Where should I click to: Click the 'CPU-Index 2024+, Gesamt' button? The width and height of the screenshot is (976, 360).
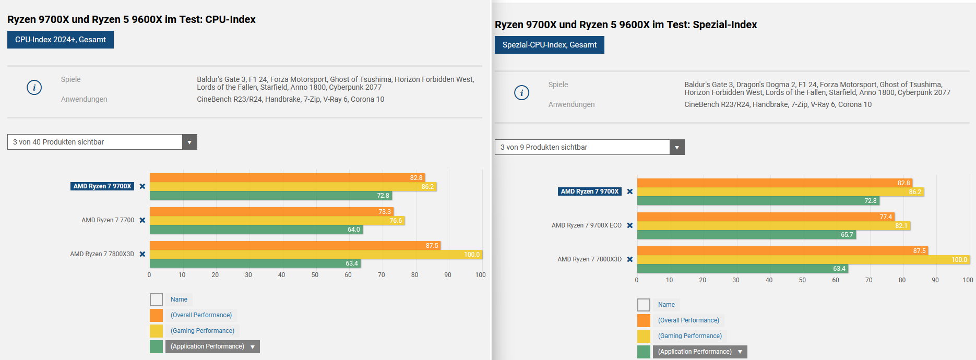(61, 40)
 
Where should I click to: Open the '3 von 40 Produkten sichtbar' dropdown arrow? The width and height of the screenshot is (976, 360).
(189, 142)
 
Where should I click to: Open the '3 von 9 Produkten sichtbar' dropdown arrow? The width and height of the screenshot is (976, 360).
(677, 147)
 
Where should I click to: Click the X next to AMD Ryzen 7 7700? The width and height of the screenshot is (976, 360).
(142, 220)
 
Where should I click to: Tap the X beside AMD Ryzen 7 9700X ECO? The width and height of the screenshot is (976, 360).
(630, 225)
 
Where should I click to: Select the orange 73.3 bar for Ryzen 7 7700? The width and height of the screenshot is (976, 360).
(271, 212)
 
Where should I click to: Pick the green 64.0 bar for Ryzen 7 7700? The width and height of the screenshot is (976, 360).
(256, 230)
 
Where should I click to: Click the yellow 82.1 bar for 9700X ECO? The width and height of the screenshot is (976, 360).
(772, 226)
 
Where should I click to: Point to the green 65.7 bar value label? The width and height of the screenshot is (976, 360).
(847, 235)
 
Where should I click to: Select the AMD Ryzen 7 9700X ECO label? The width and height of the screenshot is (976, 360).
(586, 225)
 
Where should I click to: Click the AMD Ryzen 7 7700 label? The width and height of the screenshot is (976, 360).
(108, 220)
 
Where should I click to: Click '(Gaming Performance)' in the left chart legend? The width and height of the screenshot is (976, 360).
(203, 331)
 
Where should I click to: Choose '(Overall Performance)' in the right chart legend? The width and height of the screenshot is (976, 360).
(688, 320)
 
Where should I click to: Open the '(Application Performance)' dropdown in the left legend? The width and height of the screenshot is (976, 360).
(253, 347)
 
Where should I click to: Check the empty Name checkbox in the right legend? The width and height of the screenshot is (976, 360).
(644, 305)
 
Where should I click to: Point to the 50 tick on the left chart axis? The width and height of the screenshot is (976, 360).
(315, 275)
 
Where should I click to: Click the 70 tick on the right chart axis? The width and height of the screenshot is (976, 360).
(868, 280)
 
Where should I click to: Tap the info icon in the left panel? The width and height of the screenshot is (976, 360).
(34, 87)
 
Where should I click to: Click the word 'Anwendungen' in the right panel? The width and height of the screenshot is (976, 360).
(571, 104)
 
